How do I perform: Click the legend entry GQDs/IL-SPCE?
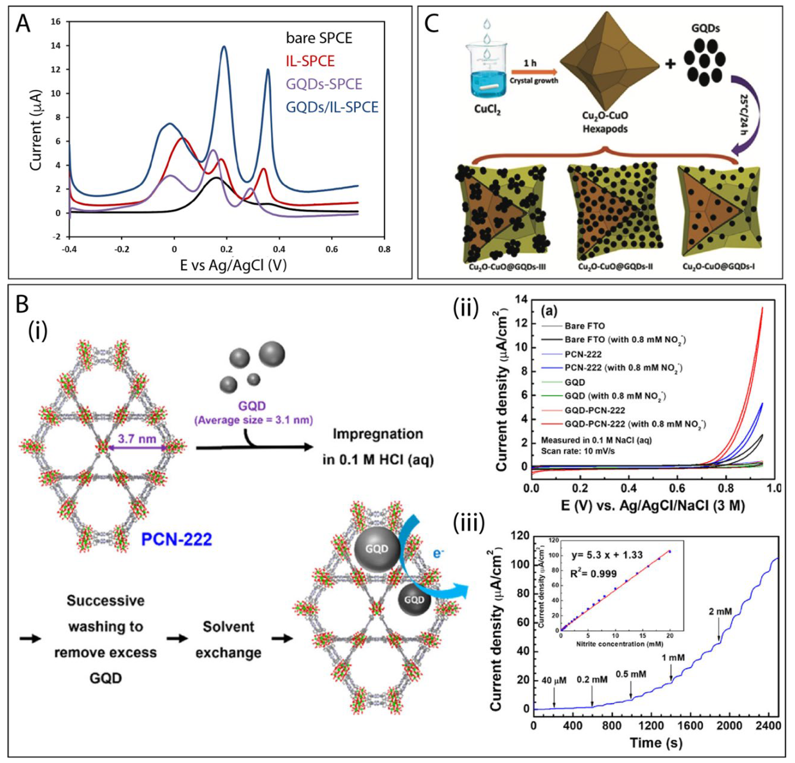pos(332,107)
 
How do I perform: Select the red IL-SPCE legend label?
pos(310,61)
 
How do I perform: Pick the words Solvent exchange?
pos(228,640)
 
